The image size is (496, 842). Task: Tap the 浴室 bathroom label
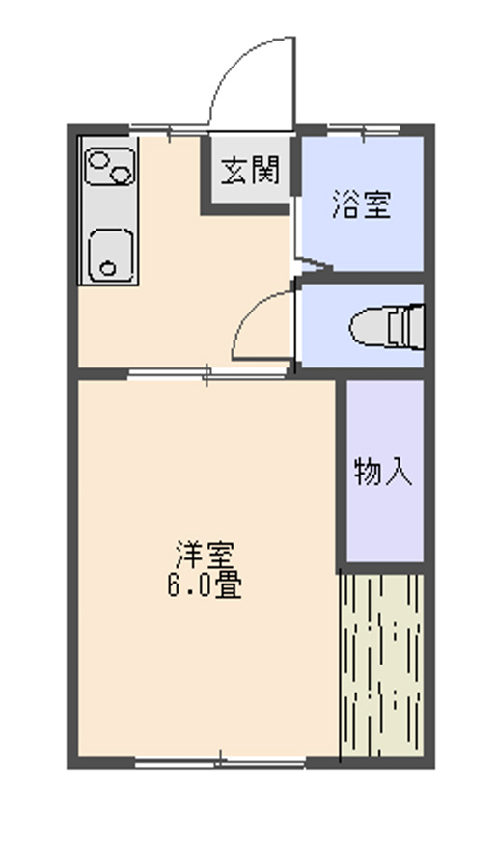click(362, 205)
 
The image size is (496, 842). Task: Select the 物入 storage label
click(384, 472)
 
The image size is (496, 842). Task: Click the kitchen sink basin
click(108, 256)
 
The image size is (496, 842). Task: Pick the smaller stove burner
click(122, 176)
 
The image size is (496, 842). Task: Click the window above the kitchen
click(164, 128)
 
